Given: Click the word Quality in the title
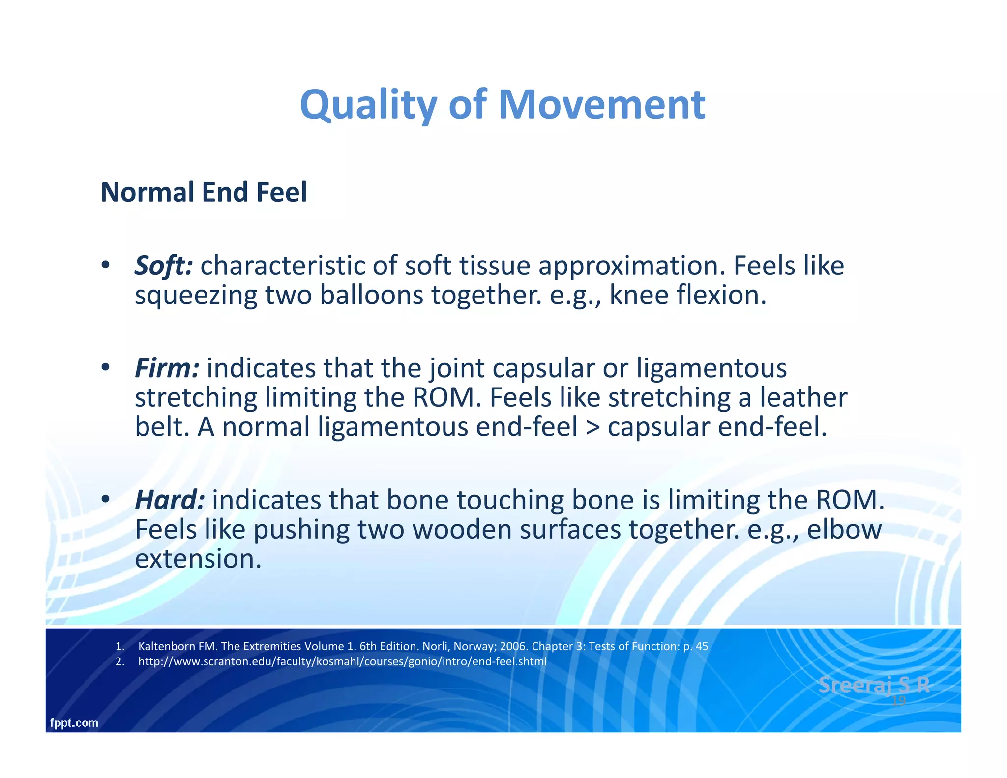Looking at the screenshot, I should [x=368, y=105].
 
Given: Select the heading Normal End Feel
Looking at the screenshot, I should [x=204, y=192].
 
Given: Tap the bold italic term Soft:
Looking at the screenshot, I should [x=164, y=266].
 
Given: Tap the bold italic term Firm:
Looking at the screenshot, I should [x=167, y=368].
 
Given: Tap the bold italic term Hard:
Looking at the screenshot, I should [x=170, y=500].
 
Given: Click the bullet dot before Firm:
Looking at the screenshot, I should [x=105, y=368].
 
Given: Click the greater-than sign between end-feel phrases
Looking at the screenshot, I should [x=593, y=427].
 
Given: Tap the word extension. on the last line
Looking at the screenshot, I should [x=198, y=559].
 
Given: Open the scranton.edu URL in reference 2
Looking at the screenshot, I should [x=342, y=661].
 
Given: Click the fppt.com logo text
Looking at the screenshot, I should [x=74, y=723].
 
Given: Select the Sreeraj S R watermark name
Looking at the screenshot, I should [x=873, y=685].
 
